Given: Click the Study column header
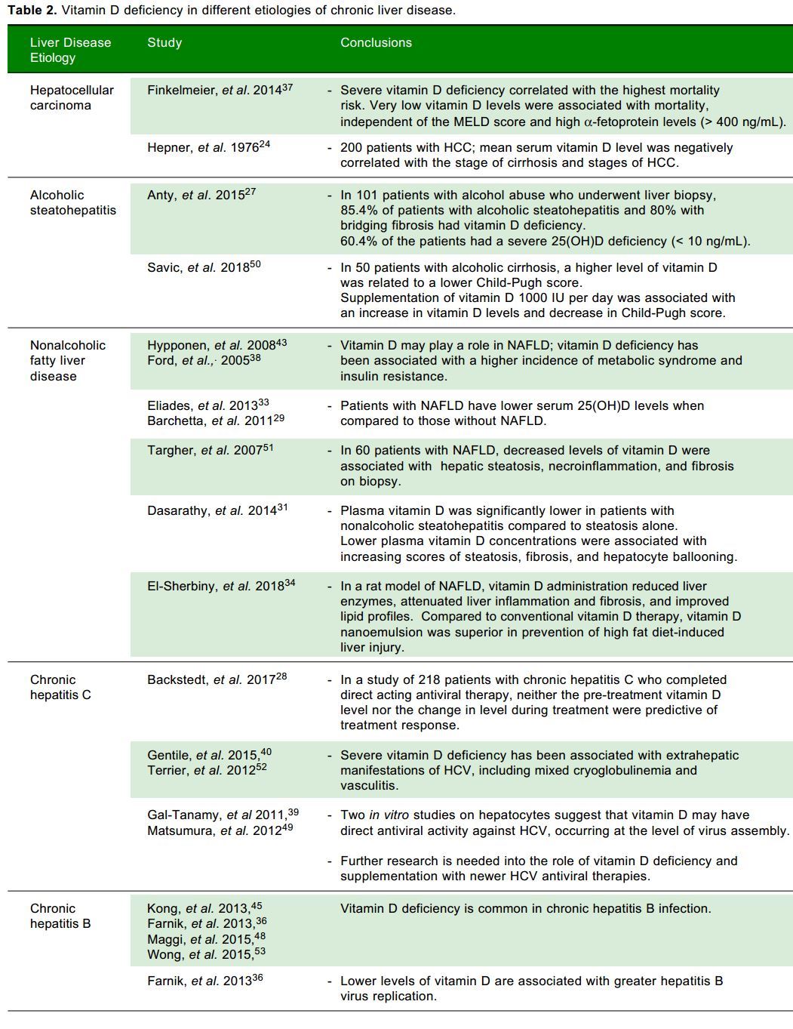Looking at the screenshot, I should click(x=164, y=42).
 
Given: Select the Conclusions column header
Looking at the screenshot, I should click(x=376, y=42).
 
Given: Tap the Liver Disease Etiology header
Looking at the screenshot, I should click(x=70, y=50).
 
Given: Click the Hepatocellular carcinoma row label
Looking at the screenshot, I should click(x=72, y=97).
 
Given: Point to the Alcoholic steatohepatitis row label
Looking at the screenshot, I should click(x=73, y=202).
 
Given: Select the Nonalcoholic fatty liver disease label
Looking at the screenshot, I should click(x=68, y=360).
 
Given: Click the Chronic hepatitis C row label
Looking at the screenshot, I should click(x=60, y=687).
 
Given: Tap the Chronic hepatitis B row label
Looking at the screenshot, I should click(x=60, y=916).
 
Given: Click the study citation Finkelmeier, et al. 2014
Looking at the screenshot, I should click(x=220, y=90).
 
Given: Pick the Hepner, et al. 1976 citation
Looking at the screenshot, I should click(x=208, y=147).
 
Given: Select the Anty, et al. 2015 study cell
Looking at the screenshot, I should click(x=201, y=195).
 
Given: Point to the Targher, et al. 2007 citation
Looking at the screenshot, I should click(x=210, y=450).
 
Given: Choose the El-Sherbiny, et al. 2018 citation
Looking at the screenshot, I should click(x=221, y=586).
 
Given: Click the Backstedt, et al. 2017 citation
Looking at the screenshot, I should click(x=217, y=679).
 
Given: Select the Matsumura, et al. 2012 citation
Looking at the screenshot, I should click(x=220, y=830).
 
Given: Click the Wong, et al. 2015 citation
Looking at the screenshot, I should click(x=206, y=954).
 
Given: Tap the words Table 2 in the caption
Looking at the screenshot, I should click(x=32, y=10).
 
